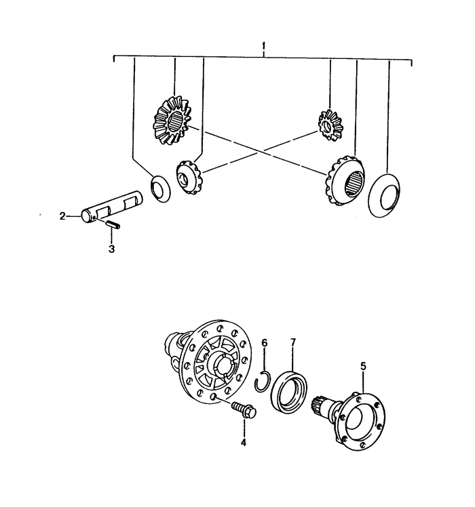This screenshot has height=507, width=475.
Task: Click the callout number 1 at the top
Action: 264,46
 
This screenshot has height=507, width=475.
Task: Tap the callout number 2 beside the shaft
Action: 62,216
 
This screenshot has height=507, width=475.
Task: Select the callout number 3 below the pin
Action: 112,249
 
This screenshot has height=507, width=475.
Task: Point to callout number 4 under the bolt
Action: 244,443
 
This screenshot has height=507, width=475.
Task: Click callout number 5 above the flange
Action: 363,366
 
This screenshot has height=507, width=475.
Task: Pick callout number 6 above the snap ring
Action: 265,343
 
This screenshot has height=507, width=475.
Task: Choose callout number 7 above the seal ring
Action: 293,343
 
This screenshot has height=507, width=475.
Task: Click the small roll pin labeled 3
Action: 113,224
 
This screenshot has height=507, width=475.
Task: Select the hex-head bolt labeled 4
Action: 244,409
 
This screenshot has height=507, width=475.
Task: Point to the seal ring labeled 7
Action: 288,392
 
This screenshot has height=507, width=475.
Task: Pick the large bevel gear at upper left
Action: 171,120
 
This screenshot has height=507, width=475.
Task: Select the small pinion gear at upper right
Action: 330,125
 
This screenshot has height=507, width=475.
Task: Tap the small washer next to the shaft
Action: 160,189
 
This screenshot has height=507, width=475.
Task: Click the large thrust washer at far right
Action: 384,196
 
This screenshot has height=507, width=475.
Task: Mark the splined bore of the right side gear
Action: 355,183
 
